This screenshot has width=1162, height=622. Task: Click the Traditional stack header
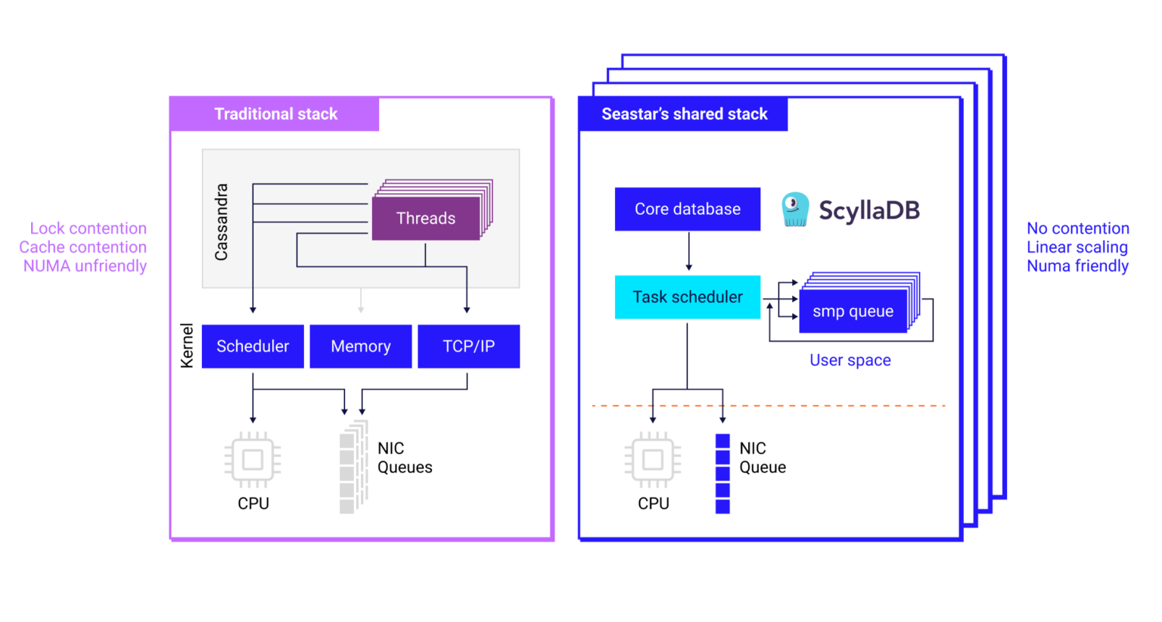click(275, 114)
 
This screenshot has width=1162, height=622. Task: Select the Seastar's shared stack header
click(684, 114)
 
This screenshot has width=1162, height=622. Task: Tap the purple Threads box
click(426, 219)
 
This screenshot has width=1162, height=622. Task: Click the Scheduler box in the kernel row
click(253, 347)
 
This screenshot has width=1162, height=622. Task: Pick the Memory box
click(361, 347)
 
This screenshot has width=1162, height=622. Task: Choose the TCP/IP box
click(468, 347)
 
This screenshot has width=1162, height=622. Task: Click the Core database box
click(687, 210)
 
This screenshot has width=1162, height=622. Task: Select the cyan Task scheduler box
click(687, 297)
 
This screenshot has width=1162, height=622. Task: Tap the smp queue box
click(853, 311)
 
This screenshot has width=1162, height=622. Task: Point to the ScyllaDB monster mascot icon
click(794, 210)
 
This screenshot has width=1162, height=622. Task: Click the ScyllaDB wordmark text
click(869, 210)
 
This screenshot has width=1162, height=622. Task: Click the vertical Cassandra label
click(221, 222)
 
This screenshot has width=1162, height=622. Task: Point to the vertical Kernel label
click(187, 346)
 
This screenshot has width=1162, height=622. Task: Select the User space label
click(850, 361)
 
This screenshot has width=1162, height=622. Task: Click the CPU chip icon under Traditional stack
click(253, 459)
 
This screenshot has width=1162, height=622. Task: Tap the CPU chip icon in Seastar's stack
click(652, 459)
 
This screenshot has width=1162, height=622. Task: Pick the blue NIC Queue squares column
click(722, 474)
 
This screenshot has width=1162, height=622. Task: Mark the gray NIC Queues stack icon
click(353, 468)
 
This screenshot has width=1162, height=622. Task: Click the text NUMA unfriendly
click(85, 266)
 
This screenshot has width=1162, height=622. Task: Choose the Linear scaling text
click(1077, 247)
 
